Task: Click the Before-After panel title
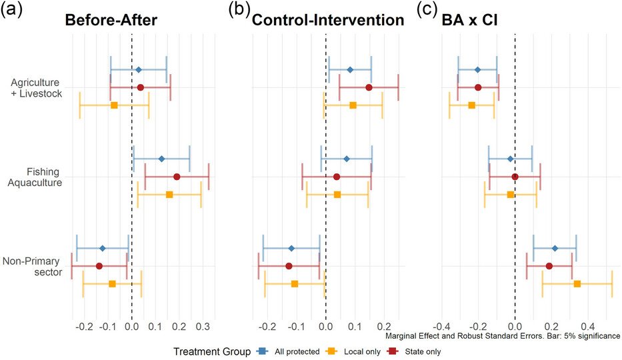tap(111, 21)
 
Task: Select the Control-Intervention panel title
tap(327, 21)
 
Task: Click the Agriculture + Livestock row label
tap(37, 87)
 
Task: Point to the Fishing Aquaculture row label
tap(37, 177)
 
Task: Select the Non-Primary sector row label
tap(37, 266)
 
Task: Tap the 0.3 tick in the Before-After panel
tap(203, 327)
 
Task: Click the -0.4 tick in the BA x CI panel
tap(441, 327)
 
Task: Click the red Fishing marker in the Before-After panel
tap(177, 177)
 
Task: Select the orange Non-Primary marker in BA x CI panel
tap(577, 284)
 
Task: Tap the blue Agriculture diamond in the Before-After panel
tap(138, 69)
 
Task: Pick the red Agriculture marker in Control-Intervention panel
tap(369, 87)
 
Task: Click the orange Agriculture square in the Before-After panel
tap(114, 105)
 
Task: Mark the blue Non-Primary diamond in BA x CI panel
tap(555, 248)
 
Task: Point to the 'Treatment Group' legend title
tap(211, 351)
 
